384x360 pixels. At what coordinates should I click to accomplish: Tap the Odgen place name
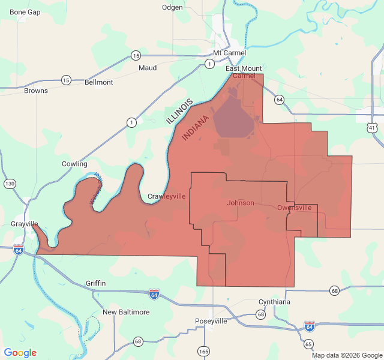[x=172, y=7]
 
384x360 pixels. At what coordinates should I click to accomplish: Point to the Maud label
[x=148, y=68]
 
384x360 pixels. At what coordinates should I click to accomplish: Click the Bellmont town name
[x=99, y=82]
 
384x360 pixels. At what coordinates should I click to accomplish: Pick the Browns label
[x=36, y=91]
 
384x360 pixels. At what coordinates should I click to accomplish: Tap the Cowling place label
[x=74, y=164]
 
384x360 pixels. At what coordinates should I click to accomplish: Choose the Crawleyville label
[x=167, y=196]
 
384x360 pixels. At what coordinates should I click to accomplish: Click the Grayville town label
[x=25, y=224]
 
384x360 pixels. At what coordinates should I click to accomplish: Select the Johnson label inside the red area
[x=241, y=203]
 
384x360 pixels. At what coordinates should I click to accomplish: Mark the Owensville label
[x=295, y=208]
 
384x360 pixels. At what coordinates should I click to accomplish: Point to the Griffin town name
[x=96, y=283]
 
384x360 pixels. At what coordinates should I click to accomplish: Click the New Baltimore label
[x=126, y=312]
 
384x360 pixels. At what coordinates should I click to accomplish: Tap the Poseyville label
[x=211, y=321]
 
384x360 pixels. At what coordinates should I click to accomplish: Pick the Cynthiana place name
[x=274, y=302]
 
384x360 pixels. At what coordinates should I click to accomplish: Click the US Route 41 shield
[x=373, y=128]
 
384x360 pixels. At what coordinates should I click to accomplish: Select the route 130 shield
[x=10, y=183]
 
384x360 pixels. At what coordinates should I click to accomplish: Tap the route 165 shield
[x=204, y=350]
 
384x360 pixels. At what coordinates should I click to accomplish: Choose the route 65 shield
[x=308, y=344]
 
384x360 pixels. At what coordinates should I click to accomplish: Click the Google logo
[x=20, y=353]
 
